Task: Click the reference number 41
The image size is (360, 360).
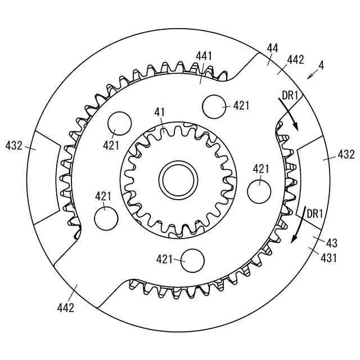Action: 160,112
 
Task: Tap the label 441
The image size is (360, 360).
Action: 204,56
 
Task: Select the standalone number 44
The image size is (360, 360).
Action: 272,48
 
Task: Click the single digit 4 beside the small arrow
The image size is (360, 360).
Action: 321,66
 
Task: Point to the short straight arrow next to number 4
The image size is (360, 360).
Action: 313,74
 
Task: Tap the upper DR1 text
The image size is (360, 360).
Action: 290,95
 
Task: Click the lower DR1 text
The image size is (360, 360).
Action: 315,214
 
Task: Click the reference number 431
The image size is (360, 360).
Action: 328,258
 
